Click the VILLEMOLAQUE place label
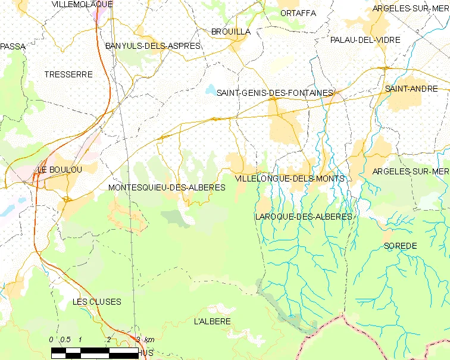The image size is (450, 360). coord(82,4)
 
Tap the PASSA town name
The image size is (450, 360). coord(13,46)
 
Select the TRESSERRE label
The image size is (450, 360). coord(68,74)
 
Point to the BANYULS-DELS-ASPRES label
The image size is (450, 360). coord(152,46)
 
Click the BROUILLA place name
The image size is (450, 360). coord(231,32)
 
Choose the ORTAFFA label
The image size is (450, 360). coord(298,13)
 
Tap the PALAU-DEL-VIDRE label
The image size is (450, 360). coord(365,40)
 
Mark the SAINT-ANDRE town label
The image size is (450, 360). coord(411,89)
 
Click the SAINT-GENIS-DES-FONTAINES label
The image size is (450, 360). coord(274,93)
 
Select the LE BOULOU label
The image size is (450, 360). coord(60,170)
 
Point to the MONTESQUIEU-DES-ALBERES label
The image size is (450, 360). coord(167,187)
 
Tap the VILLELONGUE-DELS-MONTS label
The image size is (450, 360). coord(290,179)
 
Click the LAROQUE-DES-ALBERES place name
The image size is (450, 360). coord(303,217)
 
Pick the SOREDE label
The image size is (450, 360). coord(400,246)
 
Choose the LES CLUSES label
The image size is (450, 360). coord(96,302)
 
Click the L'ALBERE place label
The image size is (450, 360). coord(212,321)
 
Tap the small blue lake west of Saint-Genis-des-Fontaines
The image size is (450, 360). coord(211,90)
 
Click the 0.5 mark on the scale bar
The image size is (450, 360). coord(65,339)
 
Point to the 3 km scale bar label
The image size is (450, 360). coord(145,339)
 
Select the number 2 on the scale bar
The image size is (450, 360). coord(108,339)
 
